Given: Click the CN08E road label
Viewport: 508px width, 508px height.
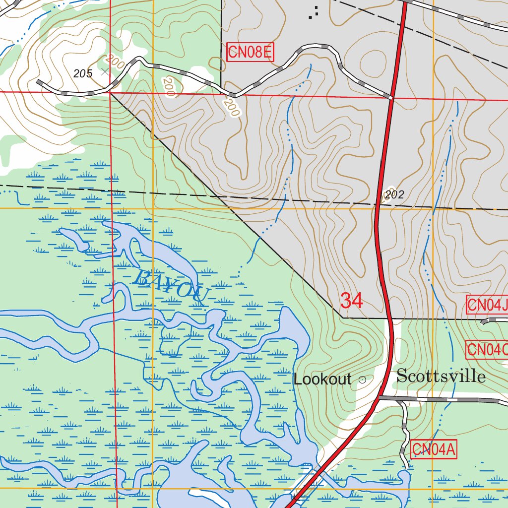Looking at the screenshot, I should (x=250, y=52).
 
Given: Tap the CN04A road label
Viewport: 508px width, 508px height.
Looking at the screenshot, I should (x=434, y=450).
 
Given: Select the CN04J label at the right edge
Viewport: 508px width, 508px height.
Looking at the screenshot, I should (x=488, y=305).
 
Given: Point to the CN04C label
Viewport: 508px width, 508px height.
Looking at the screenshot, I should (x=487, y=350).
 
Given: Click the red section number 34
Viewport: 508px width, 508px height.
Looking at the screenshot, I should (x=352, y=301).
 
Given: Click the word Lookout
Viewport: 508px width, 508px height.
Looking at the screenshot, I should (x=322, y=380).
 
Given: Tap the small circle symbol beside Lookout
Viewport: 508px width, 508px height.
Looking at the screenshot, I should (x=362, y=380).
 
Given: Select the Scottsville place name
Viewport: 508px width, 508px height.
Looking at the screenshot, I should (x=441, y=376).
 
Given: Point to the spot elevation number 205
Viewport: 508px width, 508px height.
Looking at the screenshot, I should (x=83, y=74).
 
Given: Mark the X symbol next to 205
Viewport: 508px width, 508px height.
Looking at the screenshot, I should (x=105, y=71).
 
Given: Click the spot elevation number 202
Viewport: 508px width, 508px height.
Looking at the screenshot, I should (x=394, y=195).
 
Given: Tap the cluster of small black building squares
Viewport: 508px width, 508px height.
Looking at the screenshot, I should (x=313, y=13).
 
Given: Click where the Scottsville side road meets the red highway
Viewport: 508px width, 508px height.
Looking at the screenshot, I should (x=380, y=397).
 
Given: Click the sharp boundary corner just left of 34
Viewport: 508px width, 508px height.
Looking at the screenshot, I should (x=342, y=317).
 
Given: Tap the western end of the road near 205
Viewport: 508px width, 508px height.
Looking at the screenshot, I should (x=39, y=81).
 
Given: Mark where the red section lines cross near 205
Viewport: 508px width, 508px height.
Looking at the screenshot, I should (x=110, y=92).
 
